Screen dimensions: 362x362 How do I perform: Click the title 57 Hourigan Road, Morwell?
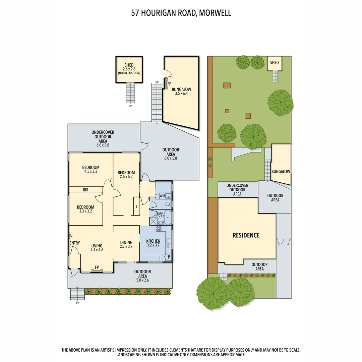(x=181, y=13)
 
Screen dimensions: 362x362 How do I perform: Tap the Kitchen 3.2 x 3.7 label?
(x=153, y=243)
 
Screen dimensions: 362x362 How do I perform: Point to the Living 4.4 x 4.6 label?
(x=96, y=248)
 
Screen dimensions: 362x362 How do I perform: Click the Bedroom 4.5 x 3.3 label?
(x=90, y=169)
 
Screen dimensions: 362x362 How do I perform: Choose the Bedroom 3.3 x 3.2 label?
(x=85, y=209)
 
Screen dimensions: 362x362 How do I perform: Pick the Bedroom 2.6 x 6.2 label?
(x=126, y=175)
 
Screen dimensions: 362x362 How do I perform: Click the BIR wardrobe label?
(x=85, y=190)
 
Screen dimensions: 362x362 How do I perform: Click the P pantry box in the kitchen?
(x=168, y=257)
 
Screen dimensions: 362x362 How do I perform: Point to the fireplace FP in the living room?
(x=97, y=268)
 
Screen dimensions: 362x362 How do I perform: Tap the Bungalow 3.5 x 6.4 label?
(x=181, y=91)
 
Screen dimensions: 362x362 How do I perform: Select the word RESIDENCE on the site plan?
(x=246, y=235)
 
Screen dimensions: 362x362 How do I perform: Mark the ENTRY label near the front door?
(x=74, y=243)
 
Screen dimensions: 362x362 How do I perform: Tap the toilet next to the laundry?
(x=168, y=204)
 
